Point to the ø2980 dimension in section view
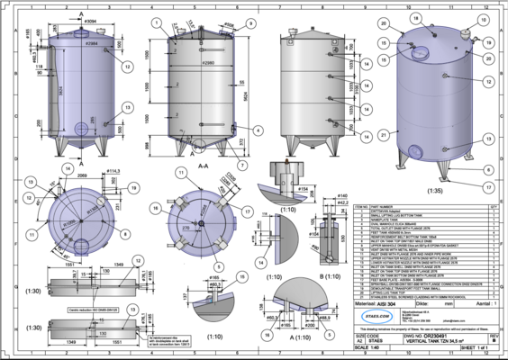(208, 65)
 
